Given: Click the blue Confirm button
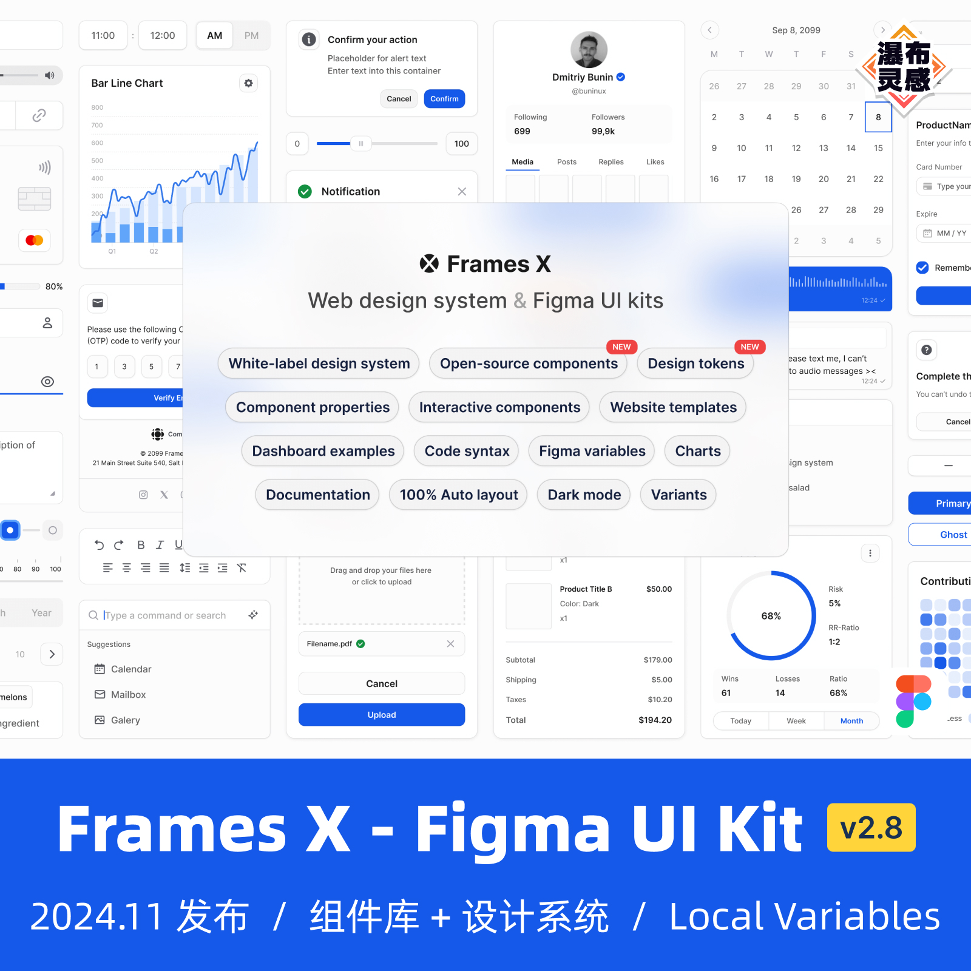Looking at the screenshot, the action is pos(444,99).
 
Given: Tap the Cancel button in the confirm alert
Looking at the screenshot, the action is pos(399,99).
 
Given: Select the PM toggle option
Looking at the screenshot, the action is pos(251,36).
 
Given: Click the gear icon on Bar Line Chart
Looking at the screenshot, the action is pos(248,83).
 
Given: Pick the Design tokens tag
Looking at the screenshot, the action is pos(695,364).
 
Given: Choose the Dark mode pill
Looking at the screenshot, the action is pos(584,495).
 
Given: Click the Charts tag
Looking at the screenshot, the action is pos(697,451).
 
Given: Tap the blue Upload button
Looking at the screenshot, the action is pos(381,715).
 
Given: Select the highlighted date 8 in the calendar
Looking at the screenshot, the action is pos(878,117).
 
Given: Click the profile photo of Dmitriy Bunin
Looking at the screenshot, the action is pos(589,50).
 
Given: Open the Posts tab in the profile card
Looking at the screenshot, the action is pos(566,162).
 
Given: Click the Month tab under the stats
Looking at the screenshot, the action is pos(851,721).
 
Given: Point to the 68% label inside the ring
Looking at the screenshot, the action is pos(771,616).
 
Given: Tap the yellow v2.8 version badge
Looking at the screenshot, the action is pos(871,828).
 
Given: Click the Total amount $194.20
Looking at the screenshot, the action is pos(655,720).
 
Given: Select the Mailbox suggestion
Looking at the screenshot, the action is pos(128,695).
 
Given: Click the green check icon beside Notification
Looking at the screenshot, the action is pos(305,192).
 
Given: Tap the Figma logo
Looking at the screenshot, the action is pos(913,701).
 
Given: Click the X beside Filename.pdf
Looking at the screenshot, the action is pos(450,644).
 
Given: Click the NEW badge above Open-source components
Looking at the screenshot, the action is pos(621,347).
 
